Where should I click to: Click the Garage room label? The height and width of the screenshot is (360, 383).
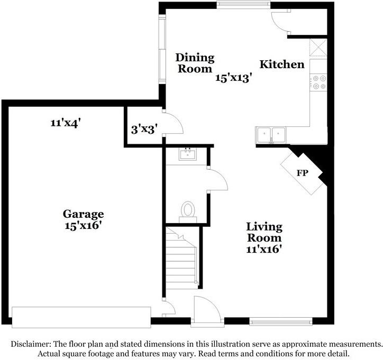point(83,214)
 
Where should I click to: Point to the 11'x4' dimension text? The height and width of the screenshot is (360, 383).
point(66,123)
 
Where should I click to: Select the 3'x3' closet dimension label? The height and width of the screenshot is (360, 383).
point(144,130)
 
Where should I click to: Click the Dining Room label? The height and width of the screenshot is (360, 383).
point(195,63)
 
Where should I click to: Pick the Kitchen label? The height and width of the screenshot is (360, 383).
point(282,64)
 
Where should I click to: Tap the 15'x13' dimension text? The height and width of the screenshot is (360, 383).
point(233,78)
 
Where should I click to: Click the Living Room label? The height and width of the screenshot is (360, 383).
point(265,232)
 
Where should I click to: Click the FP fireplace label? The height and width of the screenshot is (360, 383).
point(303,173)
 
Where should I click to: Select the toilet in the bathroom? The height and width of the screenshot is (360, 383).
point(188,211)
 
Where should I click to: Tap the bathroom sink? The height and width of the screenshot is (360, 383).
point(188,154)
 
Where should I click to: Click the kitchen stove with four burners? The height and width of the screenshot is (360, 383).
point(318,82)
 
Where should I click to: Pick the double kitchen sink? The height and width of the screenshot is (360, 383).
point(271,135)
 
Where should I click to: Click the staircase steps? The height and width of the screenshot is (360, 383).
point(181,259)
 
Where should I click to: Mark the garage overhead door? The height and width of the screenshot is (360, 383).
point(81,317)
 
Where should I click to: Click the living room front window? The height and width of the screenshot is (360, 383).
point(281,321)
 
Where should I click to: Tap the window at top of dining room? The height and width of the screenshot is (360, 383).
point(243,5)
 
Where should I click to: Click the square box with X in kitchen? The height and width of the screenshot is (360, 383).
point(318,48)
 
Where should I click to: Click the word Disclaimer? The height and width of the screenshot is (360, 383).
point(31,344)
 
